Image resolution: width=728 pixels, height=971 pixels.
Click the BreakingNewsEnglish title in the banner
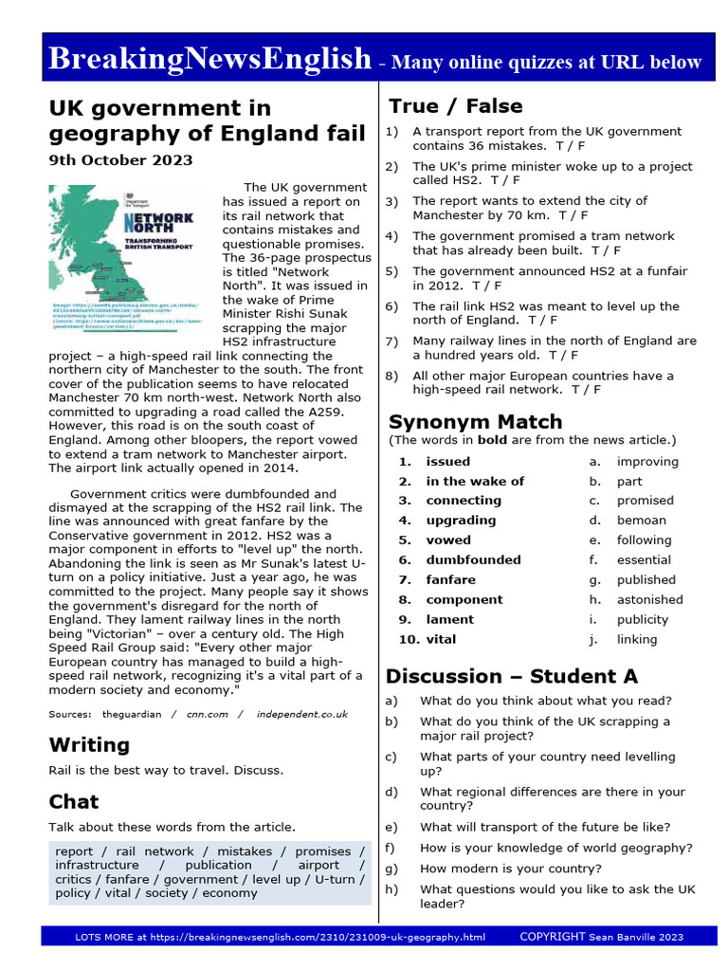coord(209,60)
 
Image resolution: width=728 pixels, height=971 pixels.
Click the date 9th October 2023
coord(120,160)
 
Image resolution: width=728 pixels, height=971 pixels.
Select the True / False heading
coord(456,105)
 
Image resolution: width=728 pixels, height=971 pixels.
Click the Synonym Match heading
coord(475,421)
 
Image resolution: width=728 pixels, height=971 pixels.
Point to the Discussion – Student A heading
coord(511,676)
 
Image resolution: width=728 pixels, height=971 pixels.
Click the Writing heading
coord(89,744)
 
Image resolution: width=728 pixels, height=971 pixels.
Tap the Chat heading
coord(74,801)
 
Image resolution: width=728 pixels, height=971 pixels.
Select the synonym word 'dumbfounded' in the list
coord(473,559)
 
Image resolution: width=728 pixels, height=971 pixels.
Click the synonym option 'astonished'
coord(649,599)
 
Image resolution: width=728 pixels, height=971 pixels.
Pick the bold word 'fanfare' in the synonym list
coord(450,579)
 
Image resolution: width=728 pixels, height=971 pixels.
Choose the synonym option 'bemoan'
coord(641,520)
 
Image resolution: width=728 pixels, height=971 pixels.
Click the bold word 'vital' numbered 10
coord(441,639)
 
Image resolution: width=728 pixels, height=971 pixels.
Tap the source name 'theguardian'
coord(132,714)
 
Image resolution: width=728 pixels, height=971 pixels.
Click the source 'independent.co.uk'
coord(301,714)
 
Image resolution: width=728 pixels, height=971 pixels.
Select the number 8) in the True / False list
coord(391,376)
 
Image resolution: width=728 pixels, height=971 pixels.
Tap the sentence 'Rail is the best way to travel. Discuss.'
coord(166,769)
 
